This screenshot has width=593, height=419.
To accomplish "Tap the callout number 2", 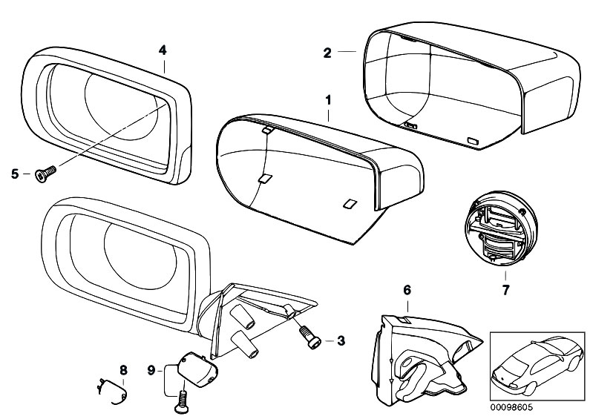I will click(x=327, y=52).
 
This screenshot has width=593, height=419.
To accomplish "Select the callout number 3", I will click(x=341, y=341).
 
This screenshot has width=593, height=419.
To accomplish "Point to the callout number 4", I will click(x=162, y=50).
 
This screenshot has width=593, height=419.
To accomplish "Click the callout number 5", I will click(x=14, y=174).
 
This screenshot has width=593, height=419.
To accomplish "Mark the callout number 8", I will click(x=123, y=369).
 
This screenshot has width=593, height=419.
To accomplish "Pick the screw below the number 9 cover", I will click(x=180, y=405).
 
